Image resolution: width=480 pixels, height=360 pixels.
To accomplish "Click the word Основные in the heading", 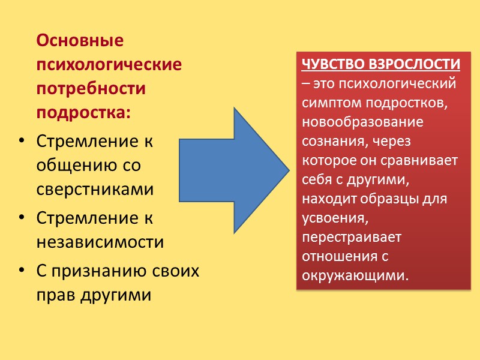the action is pyautogui.click(x=80, y=41).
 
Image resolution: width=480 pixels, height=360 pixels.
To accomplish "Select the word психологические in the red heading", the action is pyautogui.click(x=109, y=65).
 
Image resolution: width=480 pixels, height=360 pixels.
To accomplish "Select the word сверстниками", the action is pyautogui.click(x=95, y=189).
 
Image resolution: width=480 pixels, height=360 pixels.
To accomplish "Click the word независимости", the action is pyautogui.click(x=100, y=242).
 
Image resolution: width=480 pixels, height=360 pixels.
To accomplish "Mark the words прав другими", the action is pyautogui.click(x=94, y=295).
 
